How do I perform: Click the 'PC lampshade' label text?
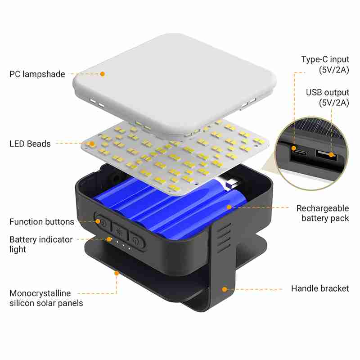pyautogui.click(x=37, y=74)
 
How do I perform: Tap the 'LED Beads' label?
pyautogui.click(x=30, y=144)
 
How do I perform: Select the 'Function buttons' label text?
pyautogui.click(x=41, y=222)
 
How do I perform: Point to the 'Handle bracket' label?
pyautogui.click(x=320, y=288)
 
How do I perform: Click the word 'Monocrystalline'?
pyautogui.click(x=40, y=293)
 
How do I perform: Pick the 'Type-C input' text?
pyautogui.click(x=325, y=59)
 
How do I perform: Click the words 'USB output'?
pyautogui.click(x=328, y=93)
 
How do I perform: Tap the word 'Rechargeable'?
pyautogui.click(x=322, y=208)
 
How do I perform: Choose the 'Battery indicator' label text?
pyautogui.click(x=41, y=239)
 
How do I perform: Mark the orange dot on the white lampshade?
pyautogui.click(x=103, y=74)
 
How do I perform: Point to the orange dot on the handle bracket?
pyautogui.click(x=224, y=288)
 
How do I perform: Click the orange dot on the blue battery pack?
pyautogui.click(x=229, y=207)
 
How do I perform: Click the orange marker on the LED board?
pyautogui.click(x=92, y=144)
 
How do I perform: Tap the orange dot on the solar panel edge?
pyautogui.click(x=117, y=272)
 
